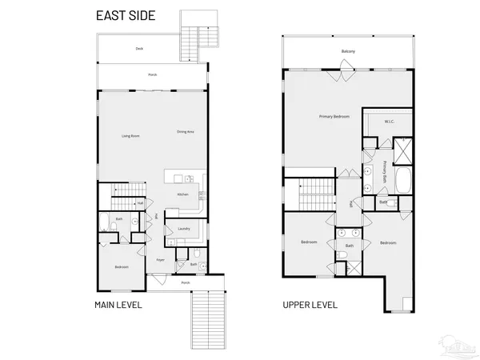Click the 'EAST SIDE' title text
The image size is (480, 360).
click(126, 15)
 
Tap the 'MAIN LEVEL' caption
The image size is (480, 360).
click(118, 305)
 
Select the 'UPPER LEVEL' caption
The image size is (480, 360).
click(310, 305)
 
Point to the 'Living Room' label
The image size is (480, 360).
click(131, 136)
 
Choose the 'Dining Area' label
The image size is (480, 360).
click(186, 131)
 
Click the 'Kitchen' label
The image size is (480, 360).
click(182, 194)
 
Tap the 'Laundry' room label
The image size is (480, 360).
click(182, 229)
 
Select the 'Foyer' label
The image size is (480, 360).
click(160, 260)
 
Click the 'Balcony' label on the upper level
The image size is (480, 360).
click(348, 51)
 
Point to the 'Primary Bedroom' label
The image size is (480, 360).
click(334, 117)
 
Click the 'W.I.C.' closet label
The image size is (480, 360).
click(389, 122)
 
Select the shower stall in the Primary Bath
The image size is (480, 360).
click(402, 150)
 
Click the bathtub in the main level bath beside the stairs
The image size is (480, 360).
click(106, 222)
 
